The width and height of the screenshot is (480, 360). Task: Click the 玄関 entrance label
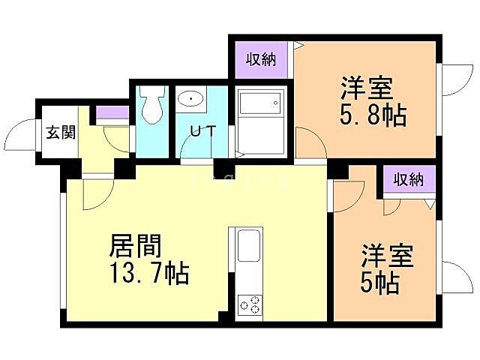[x=60, y=133]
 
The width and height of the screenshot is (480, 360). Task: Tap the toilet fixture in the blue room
[x=153, y=105]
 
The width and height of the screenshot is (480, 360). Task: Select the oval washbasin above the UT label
[x=192, y=100]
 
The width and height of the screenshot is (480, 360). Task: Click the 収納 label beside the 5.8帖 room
[x=261, y=59]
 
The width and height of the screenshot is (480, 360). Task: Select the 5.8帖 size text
[x=373, y=115]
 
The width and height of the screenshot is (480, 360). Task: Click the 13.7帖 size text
[x=148, y=272]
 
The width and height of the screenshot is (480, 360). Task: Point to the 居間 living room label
[x=136, y=245]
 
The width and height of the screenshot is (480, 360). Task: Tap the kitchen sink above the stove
[x=249, y=247]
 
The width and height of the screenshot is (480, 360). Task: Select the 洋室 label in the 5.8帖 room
[x=367, y=88]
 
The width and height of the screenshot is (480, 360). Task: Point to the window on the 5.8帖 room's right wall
[x=448, y=79]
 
